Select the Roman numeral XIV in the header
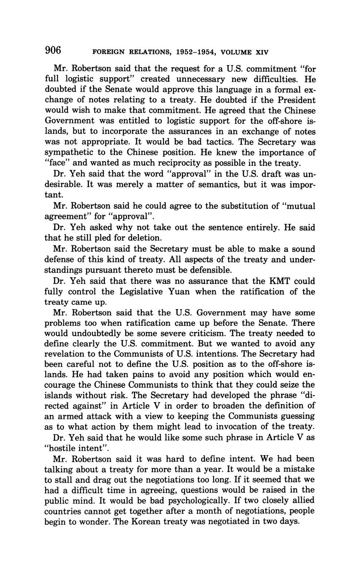(260, 52)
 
